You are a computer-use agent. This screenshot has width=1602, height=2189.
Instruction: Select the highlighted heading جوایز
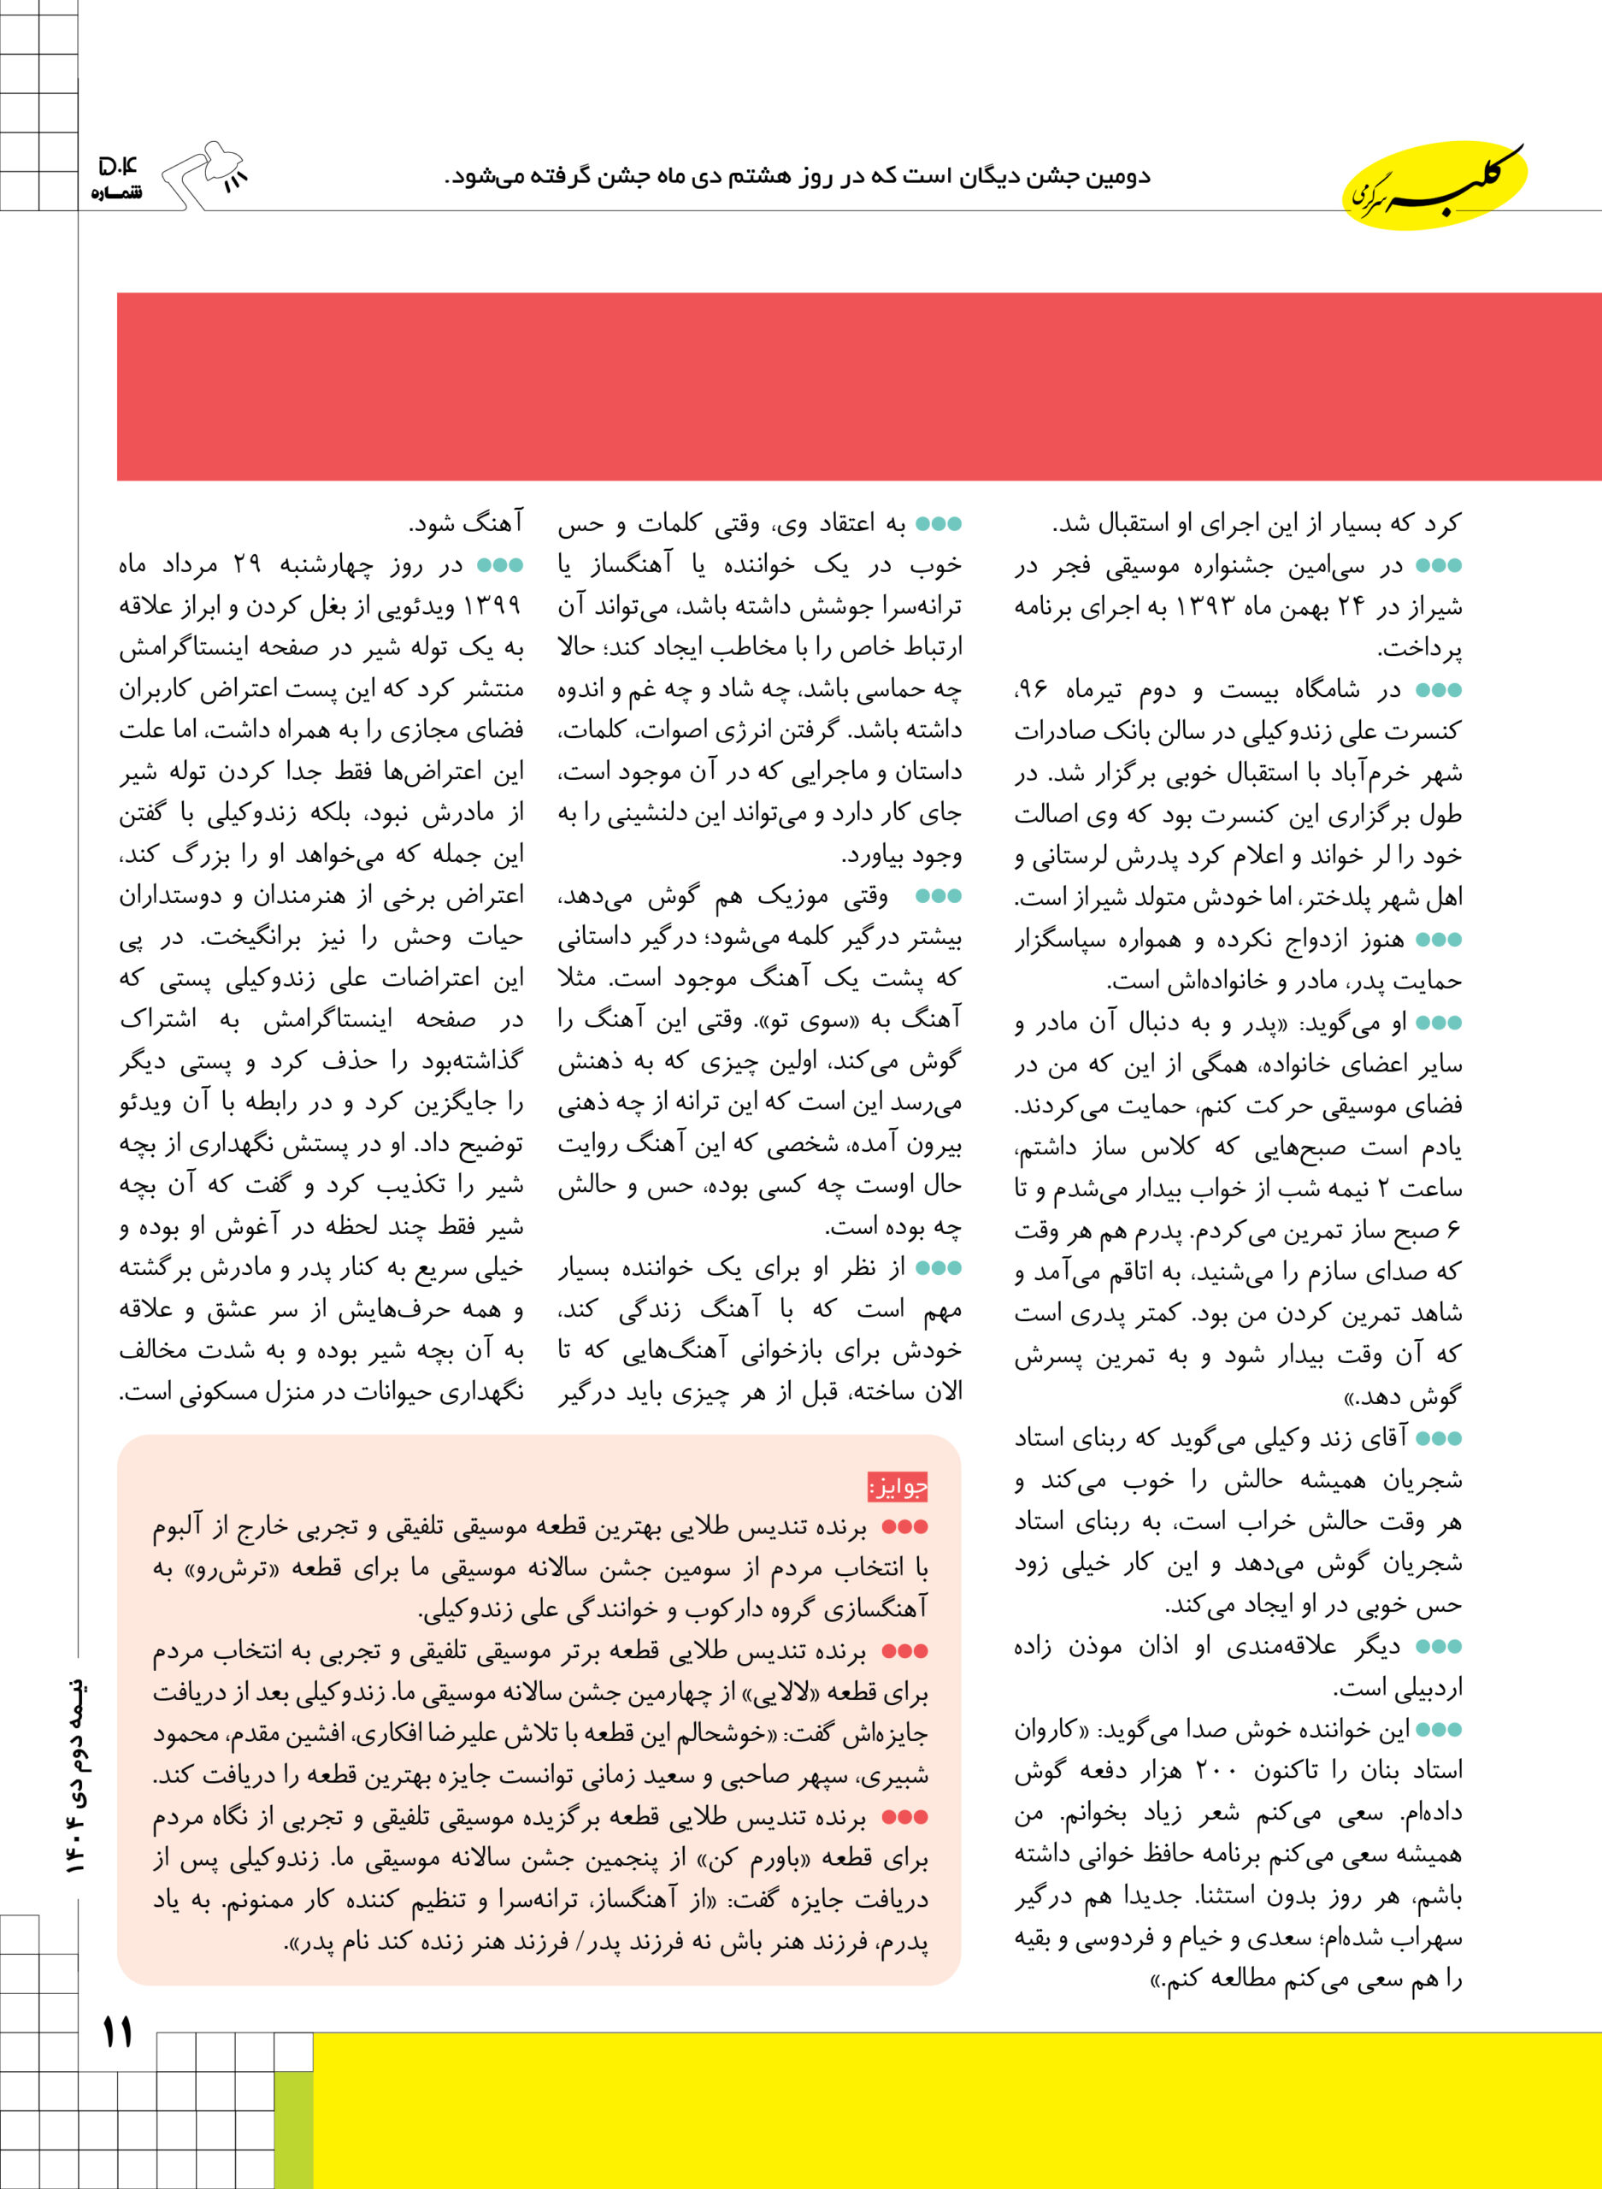(x=898, y=1486)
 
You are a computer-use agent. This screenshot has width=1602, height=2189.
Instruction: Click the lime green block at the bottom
(x=294, y=2129)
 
